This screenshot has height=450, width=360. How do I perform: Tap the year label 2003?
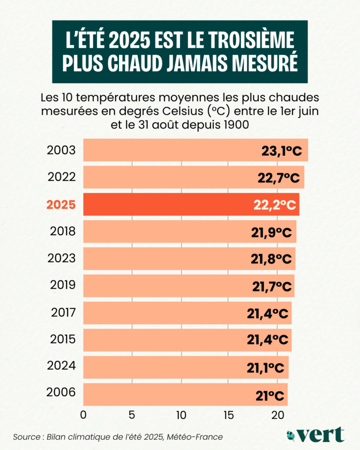point(61,150)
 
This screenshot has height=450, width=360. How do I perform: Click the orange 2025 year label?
point(61,205)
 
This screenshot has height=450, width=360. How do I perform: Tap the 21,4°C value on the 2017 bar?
point(267,314)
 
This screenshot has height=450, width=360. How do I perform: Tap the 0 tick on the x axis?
point(83,415)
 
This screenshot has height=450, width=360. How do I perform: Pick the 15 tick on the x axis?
point(228,415)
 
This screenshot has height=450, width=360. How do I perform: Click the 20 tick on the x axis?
point(277,415)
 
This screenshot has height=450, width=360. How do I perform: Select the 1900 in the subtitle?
point(240,125)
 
